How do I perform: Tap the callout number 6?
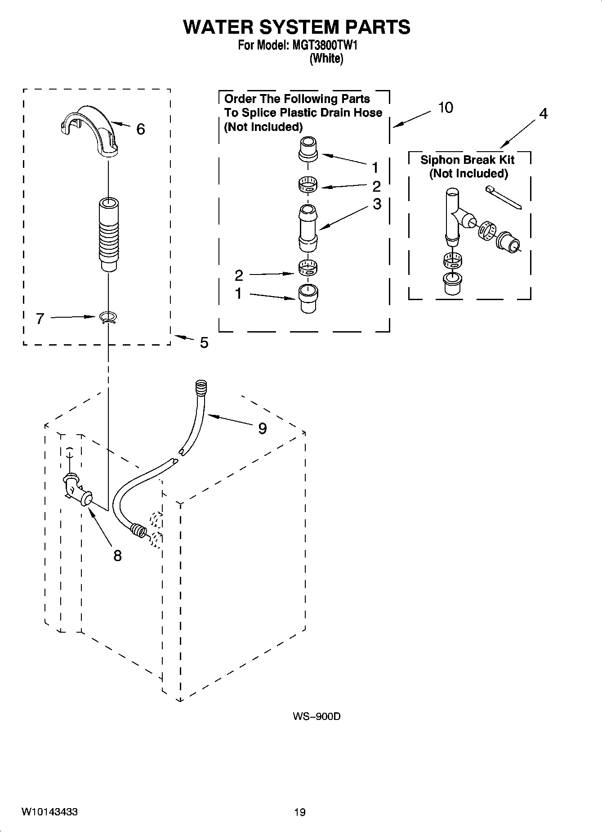[x=140, y=130]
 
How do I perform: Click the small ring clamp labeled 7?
[x=108, y=318]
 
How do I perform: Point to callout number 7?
[x=40, y=319]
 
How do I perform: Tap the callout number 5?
[x=204, y=343]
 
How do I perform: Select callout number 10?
[x=445, y=108]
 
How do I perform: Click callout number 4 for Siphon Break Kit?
[x=543, y=114]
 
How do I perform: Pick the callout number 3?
[x=377, y=204]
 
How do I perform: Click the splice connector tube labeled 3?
[x=308, y=229]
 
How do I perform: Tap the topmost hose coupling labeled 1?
[x=308, y=149]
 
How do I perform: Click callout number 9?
[x=262, y=428]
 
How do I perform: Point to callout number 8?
[x=117, y=556]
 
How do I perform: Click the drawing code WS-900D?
[x=316, y=716]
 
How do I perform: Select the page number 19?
[x=299, y=812]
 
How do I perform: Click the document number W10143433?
[x=49, y=812]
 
